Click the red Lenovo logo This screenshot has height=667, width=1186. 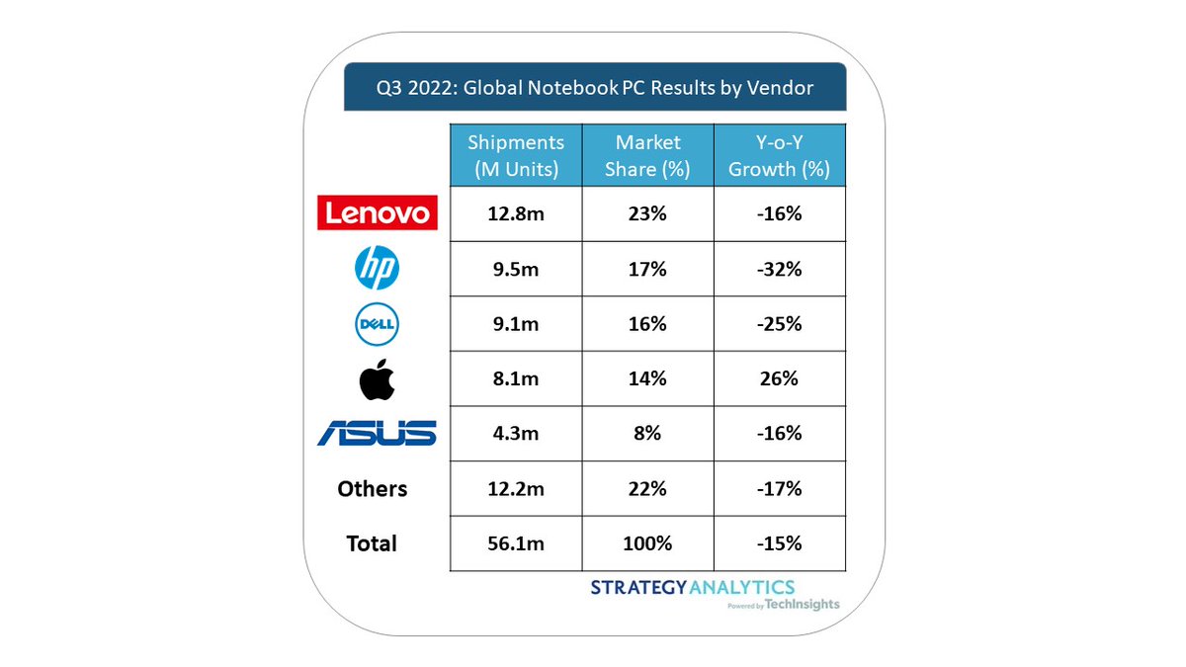pyautogui.click(x=376, y=212)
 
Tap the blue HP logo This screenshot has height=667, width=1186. pyautogui.click(x=376, y=268)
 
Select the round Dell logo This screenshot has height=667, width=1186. pyautogui.click(x=376, y=324)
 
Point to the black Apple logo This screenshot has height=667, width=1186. pyautogui.click(x=376, y=379)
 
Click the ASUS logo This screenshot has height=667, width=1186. pyautogui.click(x=376, y=433)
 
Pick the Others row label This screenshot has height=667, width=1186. pyautogui.click(x=372, y=489)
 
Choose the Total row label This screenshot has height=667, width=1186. pyautogui.click(x=372, y=543)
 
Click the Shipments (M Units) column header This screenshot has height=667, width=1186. pyautogui.click(x=516, y=155)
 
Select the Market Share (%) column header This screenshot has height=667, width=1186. pyautogui.click(x=648, y=155)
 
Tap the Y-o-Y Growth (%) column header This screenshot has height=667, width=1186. pyautogui.click(x=779, y=155)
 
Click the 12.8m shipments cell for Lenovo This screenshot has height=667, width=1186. pyautogui.click(x=516, y=213)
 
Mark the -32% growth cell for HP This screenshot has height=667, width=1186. pyautogui.click(x=779, y=269)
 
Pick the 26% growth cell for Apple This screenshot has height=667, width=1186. pyautogui.click(x=779, y=378)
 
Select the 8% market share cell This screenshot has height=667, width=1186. pyautogui.click(x=648, y=434)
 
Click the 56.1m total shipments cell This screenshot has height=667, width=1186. pyautogui.click(x=516, y=543)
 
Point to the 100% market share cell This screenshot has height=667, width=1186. pyautogui.click(x=648, y=543)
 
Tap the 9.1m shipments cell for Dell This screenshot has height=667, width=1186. pyautogui.click(x=516, y=324)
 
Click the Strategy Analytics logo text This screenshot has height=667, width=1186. pyautogui.click(x=692, y=588)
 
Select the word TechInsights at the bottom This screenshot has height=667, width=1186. pyautogui.click(x=803, y=605)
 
